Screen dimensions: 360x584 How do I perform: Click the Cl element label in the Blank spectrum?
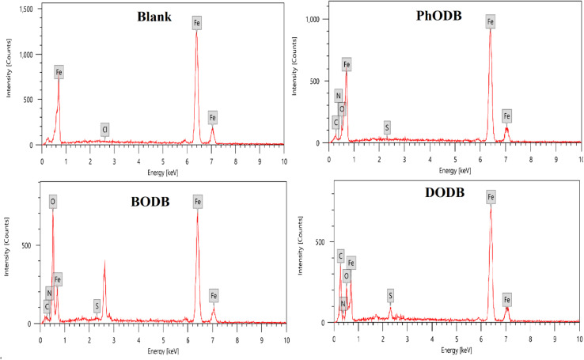coord(104,129)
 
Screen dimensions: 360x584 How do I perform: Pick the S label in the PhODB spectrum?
coord(387,127)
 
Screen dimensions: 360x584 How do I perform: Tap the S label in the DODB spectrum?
coord(390,295)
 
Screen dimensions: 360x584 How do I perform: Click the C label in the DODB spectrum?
coord(340,256)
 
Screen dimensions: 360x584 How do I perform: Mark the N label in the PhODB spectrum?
coord(339,96)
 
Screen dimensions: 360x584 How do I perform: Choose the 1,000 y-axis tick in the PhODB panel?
coord(312,18)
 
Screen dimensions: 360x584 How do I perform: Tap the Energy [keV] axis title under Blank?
coord(163,171)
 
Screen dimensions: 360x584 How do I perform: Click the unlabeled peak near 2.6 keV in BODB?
coord(104,261)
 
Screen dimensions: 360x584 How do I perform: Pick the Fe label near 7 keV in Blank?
coord(213,118)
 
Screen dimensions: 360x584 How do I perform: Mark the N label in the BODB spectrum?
coord(49,293)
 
